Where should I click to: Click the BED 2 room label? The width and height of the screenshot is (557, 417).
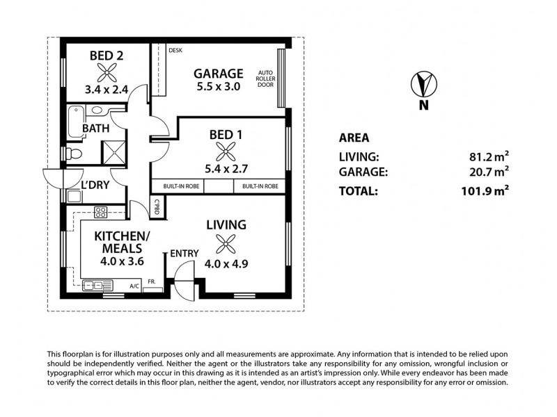(106, 56)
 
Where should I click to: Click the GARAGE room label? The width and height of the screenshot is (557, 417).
(218, 73)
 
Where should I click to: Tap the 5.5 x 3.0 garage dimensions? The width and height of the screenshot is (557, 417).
(218, 88)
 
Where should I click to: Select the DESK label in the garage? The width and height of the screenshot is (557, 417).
(175, 50)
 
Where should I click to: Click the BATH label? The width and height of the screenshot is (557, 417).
(96, 129)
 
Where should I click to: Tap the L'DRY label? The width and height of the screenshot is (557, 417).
(94, 186)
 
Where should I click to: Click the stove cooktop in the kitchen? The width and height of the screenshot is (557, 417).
(100, 212)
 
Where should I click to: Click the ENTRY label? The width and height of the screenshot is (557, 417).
(184, 253)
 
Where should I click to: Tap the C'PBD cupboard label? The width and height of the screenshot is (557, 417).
(157, 206)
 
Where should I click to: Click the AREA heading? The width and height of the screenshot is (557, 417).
(354, 138)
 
